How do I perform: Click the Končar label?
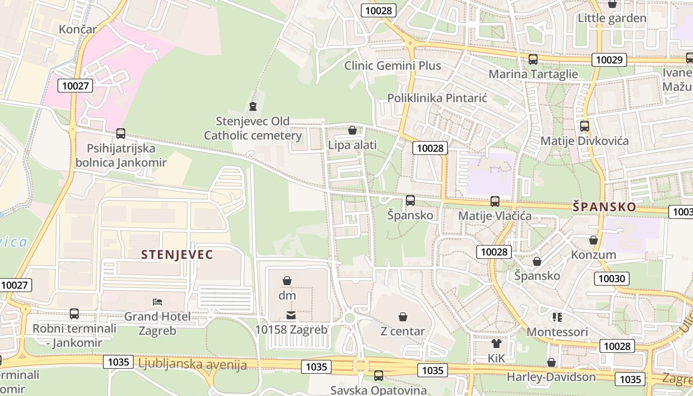click(78, 29)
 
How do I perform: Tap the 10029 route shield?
click(609, 60)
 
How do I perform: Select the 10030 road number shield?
click(611, 278)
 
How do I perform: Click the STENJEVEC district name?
click(177, 255)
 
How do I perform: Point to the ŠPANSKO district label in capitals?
click(604, 207)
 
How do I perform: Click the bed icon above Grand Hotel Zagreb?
click(157, 301)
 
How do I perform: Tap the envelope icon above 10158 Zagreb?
click(291, 315)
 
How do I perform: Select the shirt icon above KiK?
click(496, 344)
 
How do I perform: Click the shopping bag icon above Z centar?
click(403, 317)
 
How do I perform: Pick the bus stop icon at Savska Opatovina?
click(379, 376)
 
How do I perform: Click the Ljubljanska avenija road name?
click(193, 365)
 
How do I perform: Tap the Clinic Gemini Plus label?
click(393, 65)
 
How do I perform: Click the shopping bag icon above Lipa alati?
click(352, 130)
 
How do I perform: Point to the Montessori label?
click(557, 332)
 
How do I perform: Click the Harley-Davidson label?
click(551, 377)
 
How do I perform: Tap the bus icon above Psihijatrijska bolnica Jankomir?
click(121, 134)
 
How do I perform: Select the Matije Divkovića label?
click(585, 141)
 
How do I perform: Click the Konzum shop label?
click(594, 255)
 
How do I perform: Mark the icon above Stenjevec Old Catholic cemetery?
click(253, 106)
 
